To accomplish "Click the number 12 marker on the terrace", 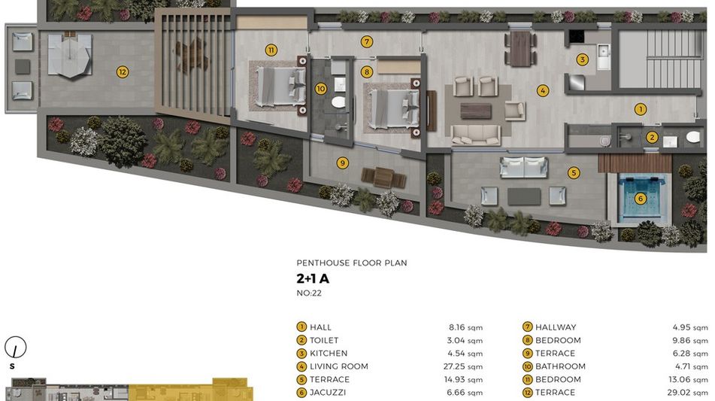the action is coord(123,71).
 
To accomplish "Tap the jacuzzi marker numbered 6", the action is coord(641,199).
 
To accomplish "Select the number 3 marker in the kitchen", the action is coord(582,59).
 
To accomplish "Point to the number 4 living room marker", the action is coord(543,90).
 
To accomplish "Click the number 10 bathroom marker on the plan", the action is coord(320,89).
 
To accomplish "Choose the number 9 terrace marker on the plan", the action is coord(342,163).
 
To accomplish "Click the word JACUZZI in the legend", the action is coord(328,392).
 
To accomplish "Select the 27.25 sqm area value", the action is coord(463,366).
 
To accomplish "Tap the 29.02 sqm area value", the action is coord(688,392).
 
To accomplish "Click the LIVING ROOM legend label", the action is coord(339,366).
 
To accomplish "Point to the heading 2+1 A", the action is coord(313,278).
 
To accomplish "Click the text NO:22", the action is coord(309,293).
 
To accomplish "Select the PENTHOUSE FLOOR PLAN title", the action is coord(352,263).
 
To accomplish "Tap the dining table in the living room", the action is coord(520,48).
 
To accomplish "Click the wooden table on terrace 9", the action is coord(384,178).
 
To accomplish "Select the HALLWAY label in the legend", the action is coord(556,327).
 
